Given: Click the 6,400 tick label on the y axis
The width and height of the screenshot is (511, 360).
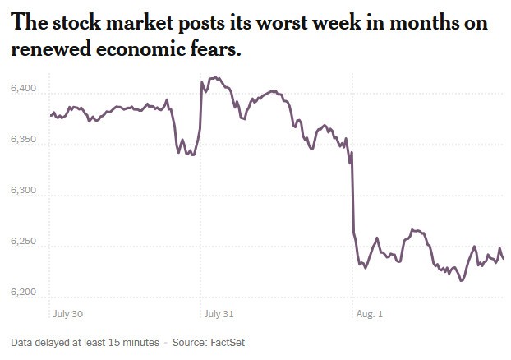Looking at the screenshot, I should click(25, 88).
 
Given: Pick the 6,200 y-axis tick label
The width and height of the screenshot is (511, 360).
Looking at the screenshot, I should click(25, 293).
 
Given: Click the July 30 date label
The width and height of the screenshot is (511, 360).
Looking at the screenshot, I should click(67, 313).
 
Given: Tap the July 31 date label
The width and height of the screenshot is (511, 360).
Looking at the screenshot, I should click(219, 313).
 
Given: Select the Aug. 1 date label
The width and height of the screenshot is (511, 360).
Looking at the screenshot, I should click(370, 313).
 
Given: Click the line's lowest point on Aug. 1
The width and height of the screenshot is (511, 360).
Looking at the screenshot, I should click(462, 280).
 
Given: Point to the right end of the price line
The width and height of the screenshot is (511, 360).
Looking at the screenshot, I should click(503, 259).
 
